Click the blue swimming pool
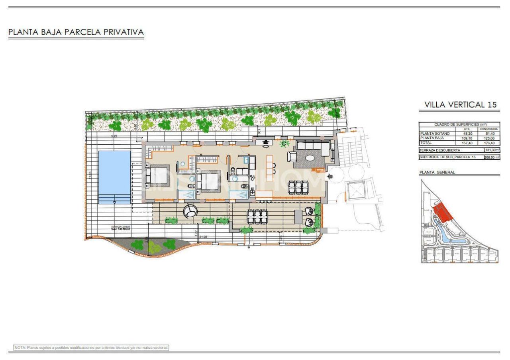pyautogui.click(x=114, y=177)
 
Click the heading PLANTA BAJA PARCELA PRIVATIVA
pyautogui.click(x=76, y=32)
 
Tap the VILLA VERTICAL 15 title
pyautogui.click(x=460, y=105)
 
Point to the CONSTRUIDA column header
pyautogui.click(x=489, y=129)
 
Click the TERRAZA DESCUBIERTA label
pyautogui.click(x=440, y=150)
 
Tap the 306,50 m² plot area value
pyautogui.click(x=492, y=157)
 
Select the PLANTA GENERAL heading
pyautogui.click(x=437, y=173)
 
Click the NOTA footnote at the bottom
pyautogui.click(x=91, y=348)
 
